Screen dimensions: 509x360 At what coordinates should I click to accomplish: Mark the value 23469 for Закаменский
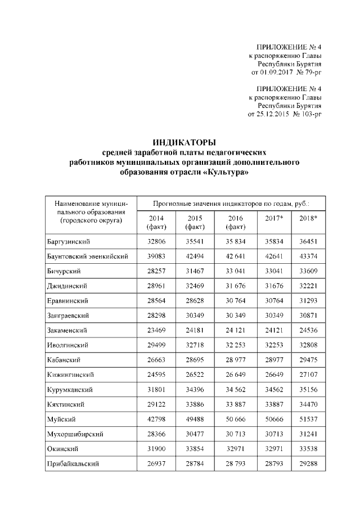(x=156, y=330)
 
